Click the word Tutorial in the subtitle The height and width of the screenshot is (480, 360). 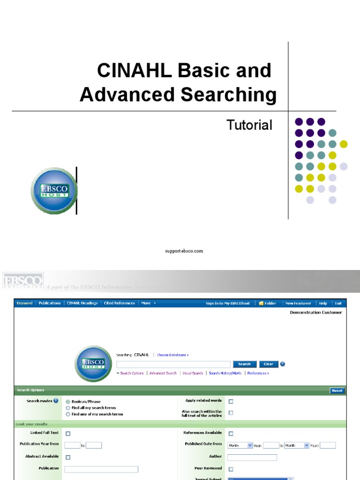coord(249,125)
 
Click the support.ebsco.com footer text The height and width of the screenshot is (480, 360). coord(184,251)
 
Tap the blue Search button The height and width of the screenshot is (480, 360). coord(244,364)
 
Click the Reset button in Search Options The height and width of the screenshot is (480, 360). coord(337,390)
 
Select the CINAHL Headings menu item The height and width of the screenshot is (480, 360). coord(82,303)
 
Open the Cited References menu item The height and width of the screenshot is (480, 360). coord(119,303)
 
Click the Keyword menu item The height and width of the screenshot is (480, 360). coord(24,303)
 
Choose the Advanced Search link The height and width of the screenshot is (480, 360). coord(163,374)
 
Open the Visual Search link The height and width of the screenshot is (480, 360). coord(193,374)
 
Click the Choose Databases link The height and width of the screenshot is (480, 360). coord(172,355)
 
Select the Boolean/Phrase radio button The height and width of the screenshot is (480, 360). coord(68,402)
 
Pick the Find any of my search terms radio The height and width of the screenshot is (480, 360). coord(68,414)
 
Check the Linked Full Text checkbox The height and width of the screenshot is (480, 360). coord(68,434)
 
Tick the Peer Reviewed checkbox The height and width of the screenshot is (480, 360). coord(231,469)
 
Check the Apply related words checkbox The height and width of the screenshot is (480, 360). coord(231,402)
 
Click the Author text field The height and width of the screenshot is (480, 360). coord(252,457)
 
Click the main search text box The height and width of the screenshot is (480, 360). coord(173,364)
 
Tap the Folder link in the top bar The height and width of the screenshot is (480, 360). coord(268,303)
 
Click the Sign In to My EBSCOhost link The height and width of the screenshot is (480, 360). coord(228,303)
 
